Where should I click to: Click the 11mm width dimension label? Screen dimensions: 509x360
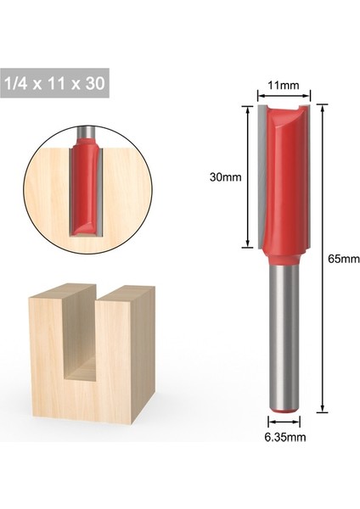[x=284, y=86]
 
